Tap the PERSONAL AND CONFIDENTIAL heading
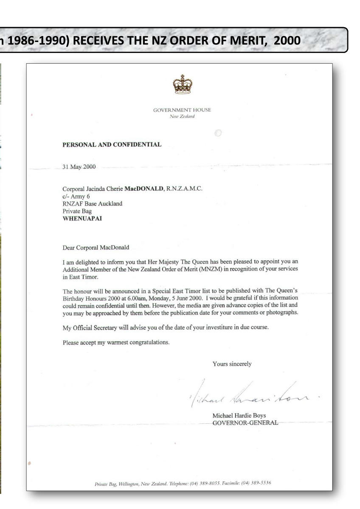(112, 144)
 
